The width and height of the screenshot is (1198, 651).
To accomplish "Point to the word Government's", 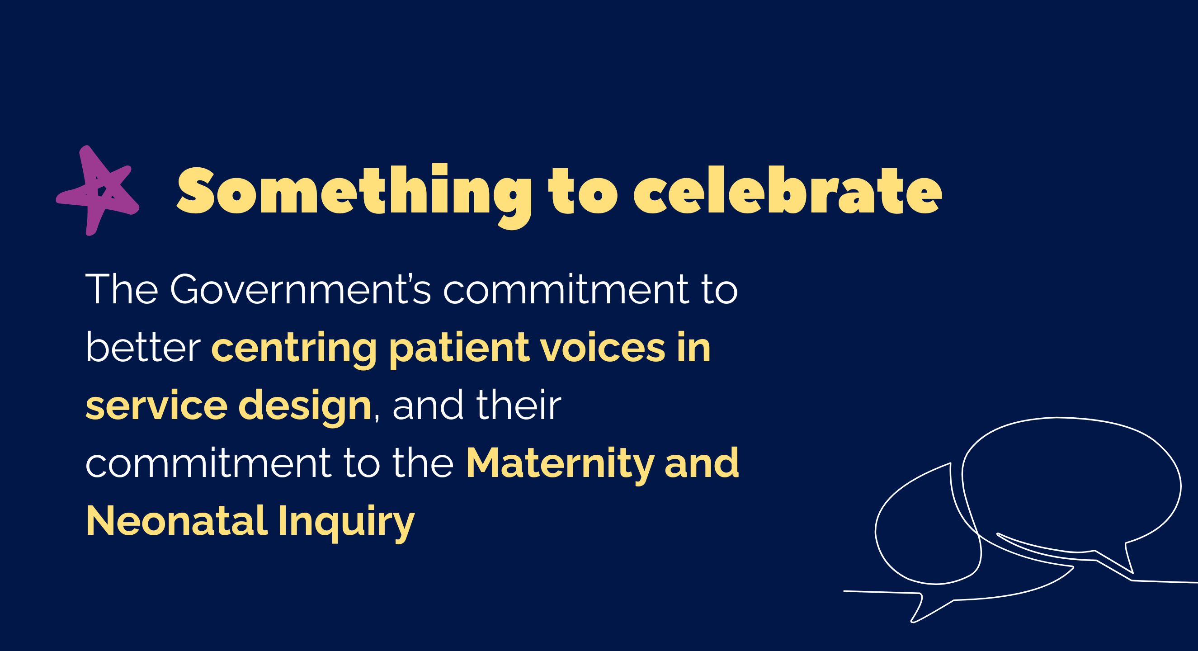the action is click(x=302, y=290).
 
